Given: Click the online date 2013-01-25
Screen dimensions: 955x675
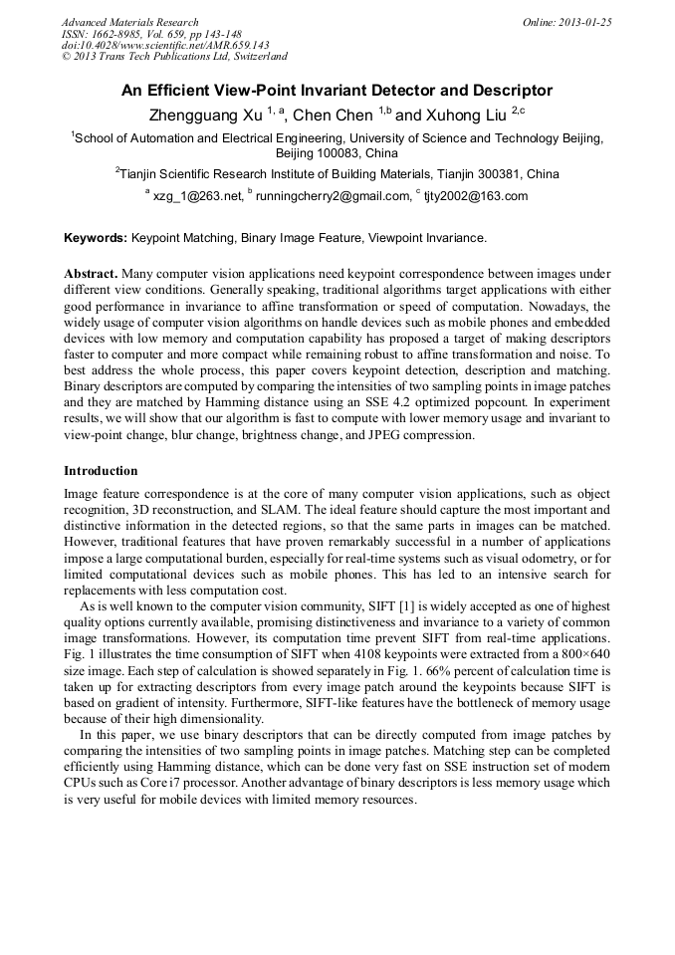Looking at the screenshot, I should (x=586, y=22).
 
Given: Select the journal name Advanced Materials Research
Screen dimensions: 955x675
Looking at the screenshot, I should (x=129, y=22).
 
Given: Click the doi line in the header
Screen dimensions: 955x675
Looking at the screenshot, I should (x=165, y=46).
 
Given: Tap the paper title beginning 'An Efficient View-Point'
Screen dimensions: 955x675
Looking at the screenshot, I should (x=337, y=91).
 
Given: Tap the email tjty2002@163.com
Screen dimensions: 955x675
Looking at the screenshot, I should (x=476, y=196).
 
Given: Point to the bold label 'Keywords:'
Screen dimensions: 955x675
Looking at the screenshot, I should (x=96, y=239).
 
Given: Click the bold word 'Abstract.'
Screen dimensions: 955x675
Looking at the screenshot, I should (x=92, y=273).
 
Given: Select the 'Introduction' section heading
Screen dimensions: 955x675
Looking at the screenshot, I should (x=101, y=470).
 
